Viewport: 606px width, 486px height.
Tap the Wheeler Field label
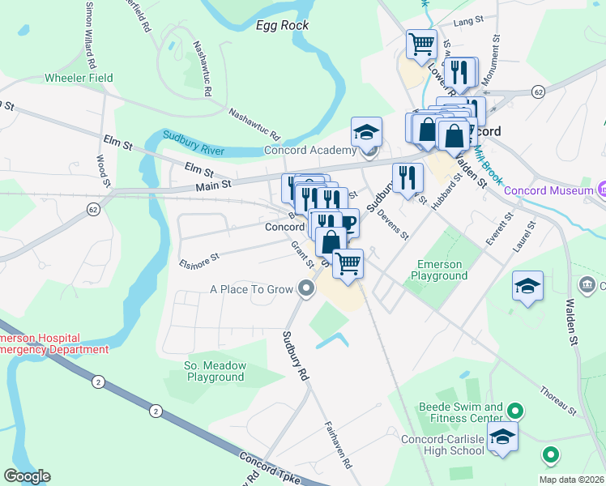coord(79,78)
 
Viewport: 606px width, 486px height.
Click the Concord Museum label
coord(548,191)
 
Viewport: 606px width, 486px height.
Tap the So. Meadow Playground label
coord(208,371)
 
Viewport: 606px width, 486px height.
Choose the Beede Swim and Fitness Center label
coord(462,412)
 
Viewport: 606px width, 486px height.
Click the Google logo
coord(27,476)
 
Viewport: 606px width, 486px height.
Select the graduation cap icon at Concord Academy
coord(366,130)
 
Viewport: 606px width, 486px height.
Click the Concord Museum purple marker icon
coord(603,190)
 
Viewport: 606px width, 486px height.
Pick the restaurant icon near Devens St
coord(408,177)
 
